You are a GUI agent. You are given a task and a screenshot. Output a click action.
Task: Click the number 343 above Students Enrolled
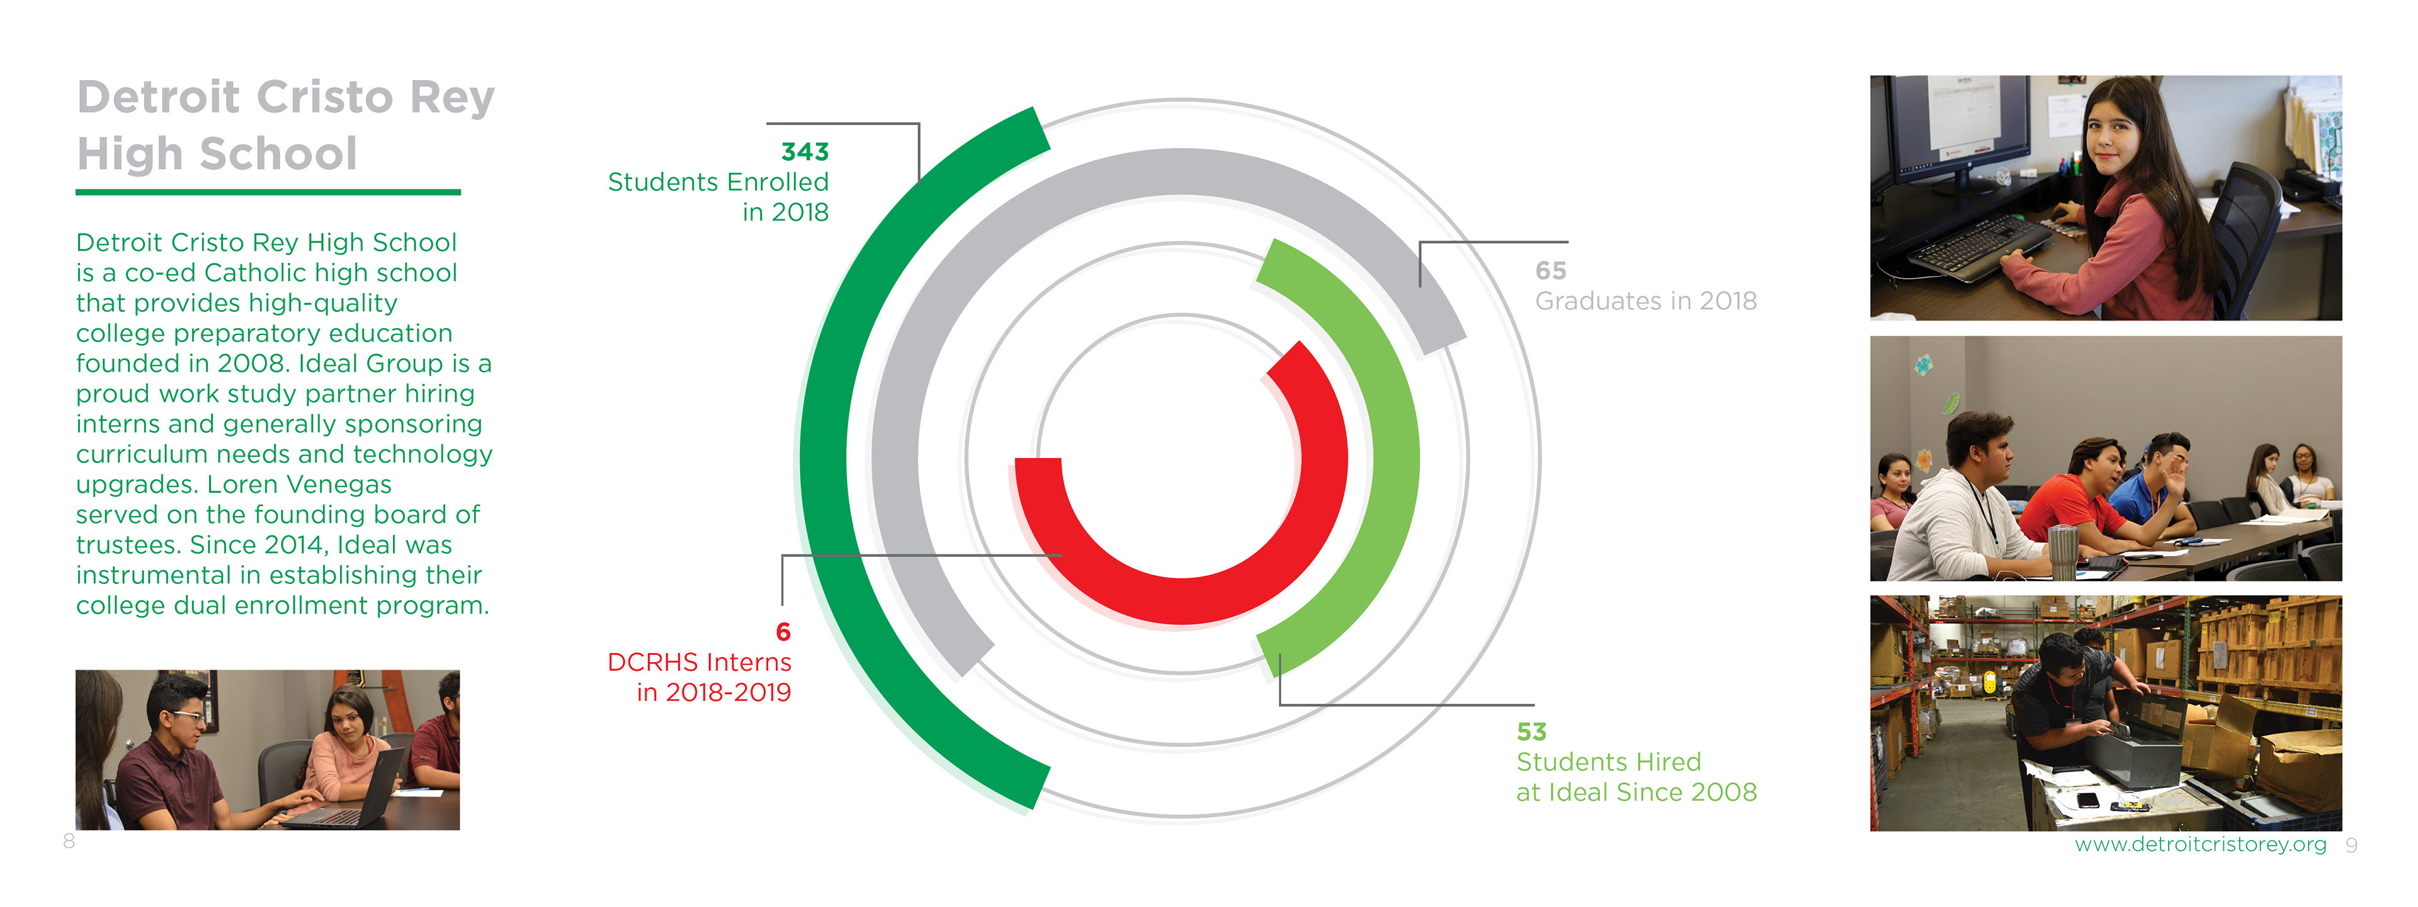coord(805,152)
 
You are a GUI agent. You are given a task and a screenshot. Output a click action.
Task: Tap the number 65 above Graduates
coord(1551,271)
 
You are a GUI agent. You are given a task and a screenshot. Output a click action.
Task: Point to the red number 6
coord(783,632)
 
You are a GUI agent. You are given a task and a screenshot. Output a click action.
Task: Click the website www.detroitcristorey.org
coord(2200,845)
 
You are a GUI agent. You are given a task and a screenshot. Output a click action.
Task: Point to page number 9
coord(2351,846)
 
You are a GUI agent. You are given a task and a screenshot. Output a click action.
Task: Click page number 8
coord(69,841)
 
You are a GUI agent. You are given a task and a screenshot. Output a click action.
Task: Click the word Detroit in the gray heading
coord(157,98)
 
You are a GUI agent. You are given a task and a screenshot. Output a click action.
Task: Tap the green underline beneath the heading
coord(268,193)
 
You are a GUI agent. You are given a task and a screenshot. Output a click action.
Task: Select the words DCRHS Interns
coord(700,663)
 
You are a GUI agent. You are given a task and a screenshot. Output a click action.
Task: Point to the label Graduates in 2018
coord(1645,302)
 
